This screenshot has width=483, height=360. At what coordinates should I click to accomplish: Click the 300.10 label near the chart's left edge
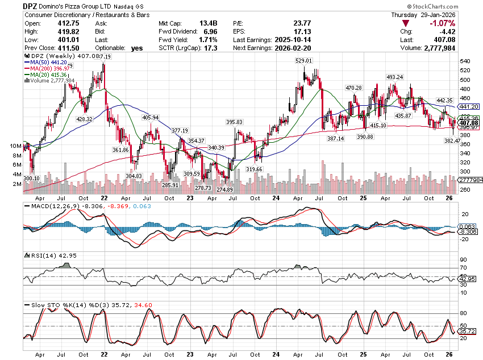(32, 178)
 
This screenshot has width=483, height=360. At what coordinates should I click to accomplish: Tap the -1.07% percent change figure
(443, 23)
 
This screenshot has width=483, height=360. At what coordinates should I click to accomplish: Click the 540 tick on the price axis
(464, 61)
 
